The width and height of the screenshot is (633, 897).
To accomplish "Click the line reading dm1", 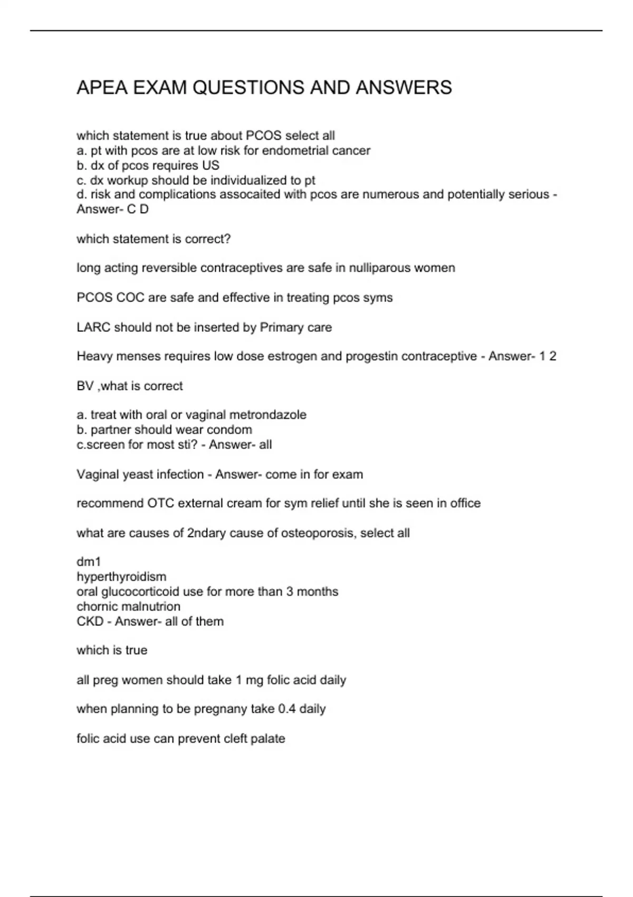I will coord(89,562).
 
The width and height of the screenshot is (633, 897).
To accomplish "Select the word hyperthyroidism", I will coord(121,577).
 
